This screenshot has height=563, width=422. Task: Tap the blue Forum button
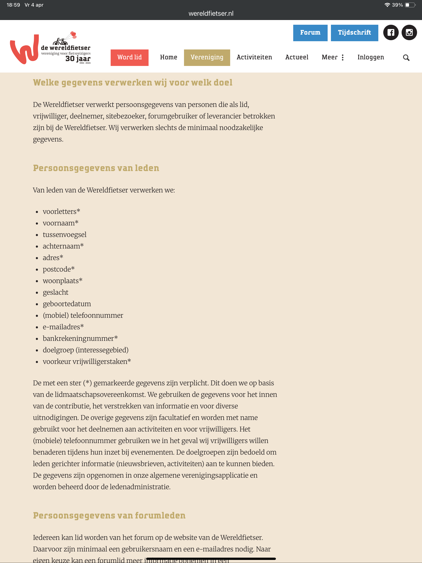point(310,33)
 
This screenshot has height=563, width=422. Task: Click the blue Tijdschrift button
point(354,33)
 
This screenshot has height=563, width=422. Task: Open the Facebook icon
point(391,33)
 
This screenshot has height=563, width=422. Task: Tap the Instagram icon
point(409,33)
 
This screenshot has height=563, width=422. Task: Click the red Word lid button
point(129,57)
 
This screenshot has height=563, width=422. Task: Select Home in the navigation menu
point(169,57)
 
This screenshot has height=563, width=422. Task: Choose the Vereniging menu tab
point(207,57)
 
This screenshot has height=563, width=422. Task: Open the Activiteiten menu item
point(254,57)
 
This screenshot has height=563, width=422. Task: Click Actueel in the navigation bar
point(297,57)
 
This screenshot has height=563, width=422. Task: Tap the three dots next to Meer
point(343,57)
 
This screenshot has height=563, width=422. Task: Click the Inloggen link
point(370,57)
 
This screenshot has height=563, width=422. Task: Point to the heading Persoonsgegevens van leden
point(96,168)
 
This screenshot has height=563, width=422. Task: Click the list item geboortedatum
point(67,304)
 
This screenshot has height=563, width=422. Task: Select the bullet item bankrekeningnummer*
point(80,339)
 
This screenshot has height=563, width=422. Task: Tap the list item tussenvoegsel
point(64,235)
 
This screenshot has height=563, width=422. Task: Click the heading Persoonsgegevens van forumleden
point(109,516)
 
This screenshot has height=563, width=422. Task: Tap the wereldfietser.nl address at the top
point(211,13)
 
